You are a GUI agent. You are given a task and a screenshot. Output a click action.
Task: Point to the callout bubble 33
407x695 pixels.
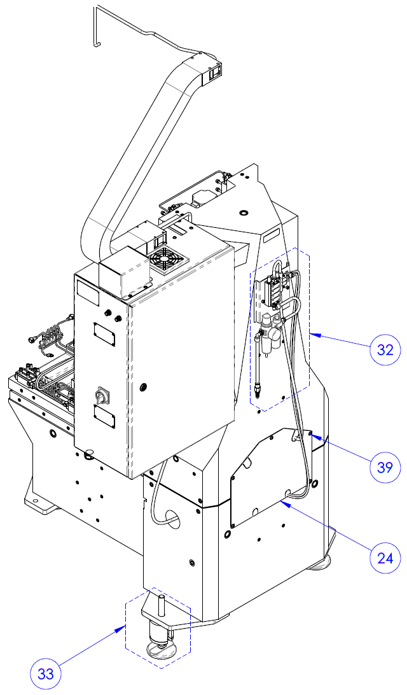45,674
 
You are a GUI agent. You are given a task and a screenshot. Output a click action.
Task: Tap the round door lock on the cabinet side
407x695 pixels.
143,388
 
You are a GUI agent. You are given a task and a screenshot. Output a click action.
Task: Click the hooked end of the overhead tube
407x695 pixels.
96,43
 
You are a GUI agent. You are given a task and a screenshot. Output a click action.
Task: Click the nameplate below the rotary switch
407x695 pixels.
104,418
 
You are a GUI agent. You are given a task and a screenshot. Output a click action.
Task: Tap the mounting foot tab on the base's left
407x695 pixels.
40,502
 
